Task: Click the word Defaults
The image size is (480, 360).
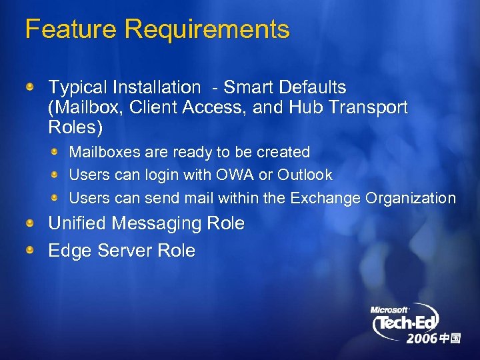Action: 313,87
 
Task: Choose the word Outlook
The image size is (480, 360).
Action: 305,175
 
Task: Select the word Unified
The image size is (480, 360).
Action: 77,223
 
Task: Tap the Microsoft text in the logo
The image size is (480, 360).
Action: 389,309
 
